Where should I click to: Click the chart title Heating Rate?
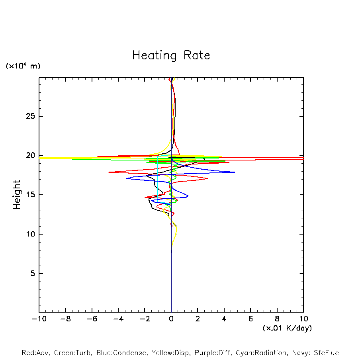171,55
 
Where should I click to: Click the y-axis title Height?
17,195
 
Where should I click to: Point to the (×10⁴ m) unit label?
23,66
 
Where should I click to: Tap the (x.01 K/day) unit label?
287,328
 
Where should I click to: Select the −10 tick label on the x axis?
39,319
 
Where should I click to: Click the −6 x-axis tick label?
92,319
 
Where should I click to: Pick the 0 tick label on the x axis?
171,319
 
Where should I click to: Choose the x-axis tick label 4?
224,319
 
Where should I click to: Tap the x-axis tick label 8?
277,319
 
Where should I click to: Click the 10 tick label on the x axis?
303,319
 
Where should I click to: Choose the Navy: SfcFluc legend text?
316,353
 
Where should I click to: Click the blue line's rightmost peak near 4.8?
235,172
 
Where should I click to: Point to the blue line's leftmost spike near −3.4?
126,178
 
